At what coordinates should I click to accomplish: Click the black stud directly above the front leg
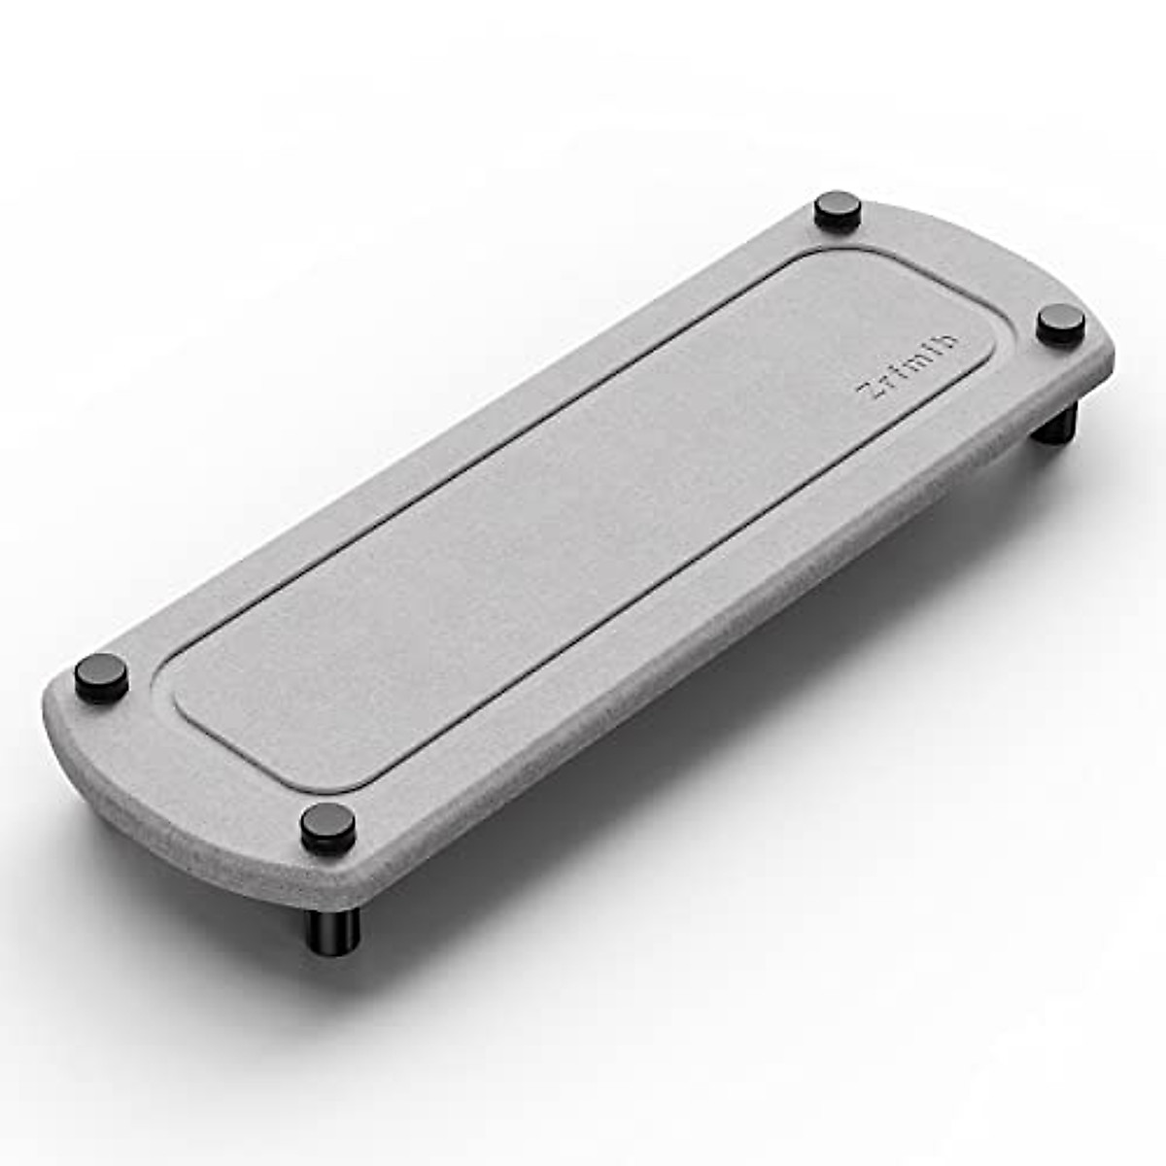(x=326, y=827)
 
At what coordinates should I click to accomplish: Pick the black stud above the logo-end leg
(x=1060, y=323)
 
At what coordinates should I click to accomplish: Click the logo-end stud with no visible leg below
(x=839, y=208)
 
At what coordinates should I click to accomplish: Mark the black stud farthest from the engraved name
(x=102, y=676)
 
